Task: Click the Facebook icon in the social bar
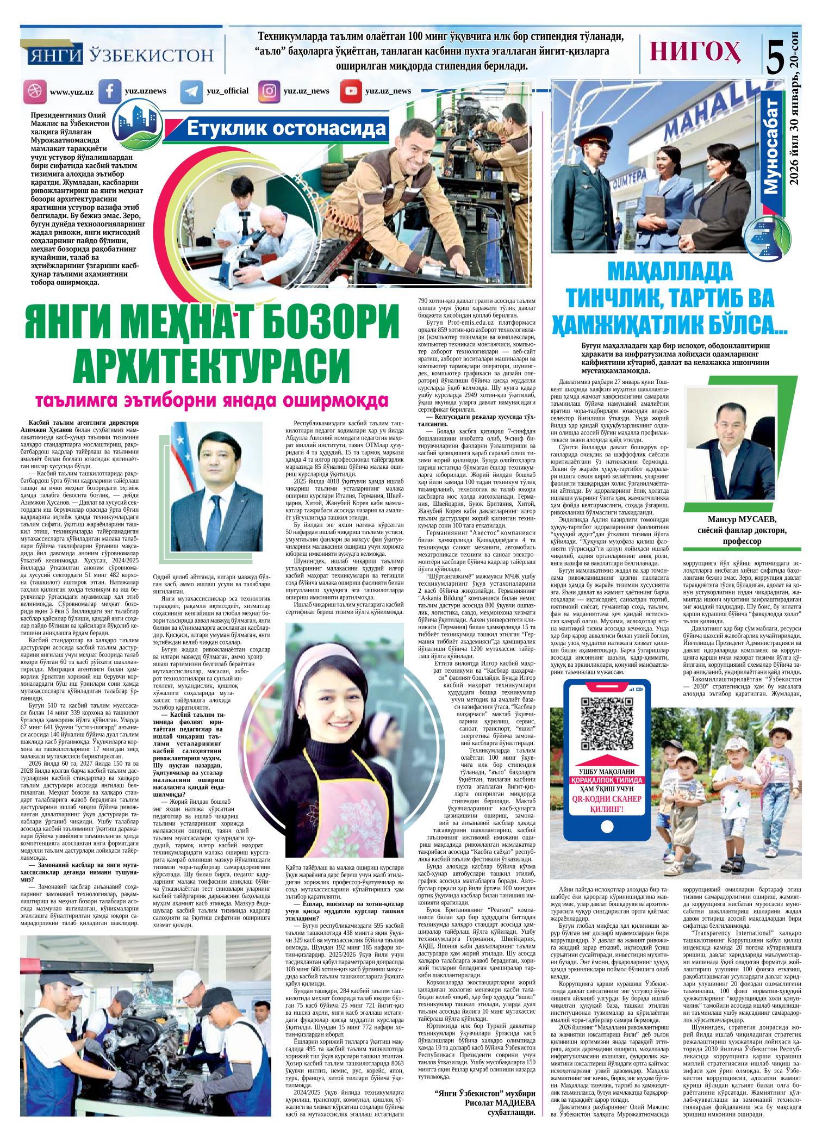(x=109, y=91)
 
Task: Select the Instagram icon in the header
(x=269, y=91)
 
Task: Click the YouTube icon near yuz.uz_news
(x=351, y=91)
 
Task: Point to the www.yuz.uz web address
(x=71, y=92)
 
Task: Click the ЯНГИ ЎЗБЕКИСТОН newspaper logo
(x=120, y=55)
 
